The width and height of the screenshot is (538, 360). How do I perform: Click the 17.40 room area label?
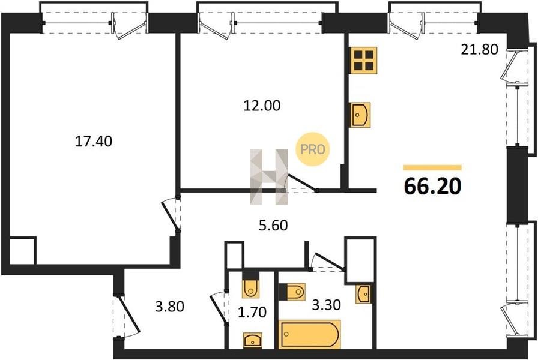click(93, 141)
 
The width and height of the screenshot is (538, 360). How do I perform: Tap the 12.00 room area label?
click(262, 106)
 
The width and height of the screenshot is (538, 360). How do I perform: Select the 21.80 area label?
click(479, 50)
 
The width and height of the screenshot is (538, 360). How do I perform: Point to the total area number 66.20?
click(432, 187)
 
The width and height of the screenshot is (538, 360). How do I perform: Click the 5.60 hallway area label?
click(273, 226)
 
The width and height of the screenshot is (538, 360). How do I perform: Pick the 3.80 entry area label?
click(169, 306)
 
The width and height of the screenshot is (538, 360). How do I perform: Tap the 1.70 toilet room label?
click(252, 313)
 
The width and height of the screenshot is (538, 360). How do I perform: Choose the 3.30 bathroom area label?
click(326, 304)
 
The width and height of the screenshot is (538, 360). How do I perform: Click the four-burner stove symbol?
click(363, 61)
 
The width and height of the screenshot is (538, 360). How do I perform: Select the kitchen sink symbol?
click(360, 115)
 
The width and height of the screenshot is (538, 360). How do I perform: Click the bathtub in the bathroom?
click(310, 334)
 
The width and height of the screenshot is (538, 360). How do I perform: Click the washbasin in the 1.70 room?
click(253, 340)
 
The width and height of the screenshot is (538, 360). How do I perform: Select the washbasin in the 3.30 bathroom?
click(363, 293)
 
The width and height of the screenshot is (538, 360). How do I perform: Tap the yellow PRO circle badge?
click(313, 149)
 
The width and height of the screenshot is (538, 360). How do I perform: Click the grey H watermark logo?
click(268, 177)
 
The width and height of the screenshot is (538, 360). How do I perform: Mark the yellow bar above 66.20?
click(432, 167)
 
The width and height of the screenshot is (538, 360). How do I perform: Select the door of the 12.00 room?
click(301, 184)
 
